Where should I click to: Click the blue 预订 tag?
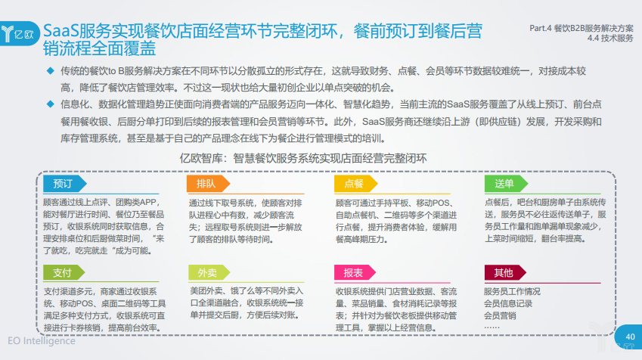pos(65,184)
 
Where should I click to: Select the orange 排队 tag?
pos(208,184)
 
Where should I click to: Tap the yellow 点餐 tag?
pos(355,184)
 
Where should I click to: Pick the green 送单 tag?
pos(506,184)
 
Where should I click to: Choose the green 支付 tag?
pos(64,272)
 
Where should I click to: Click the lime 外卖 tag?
pos(209,272)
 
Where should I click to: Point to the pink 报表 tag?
pos(355,272)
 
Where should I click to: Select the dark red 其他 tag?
pos(505,272)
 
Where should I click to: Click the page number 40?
pos(630,337)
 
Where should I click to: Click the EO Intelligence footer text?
pos(42,341)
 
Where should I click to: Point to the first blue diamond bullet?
pos(51,71)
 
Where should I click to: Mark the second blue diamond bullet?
pos(51,104)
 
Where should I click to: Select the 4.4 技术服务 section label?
pos(610,38)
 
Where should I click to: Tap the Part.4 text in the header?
pos(540,28)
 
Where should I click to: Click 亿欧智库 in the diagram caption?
pos(201,159)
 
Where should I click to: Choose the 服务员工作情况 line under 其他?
pos(512,292)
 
